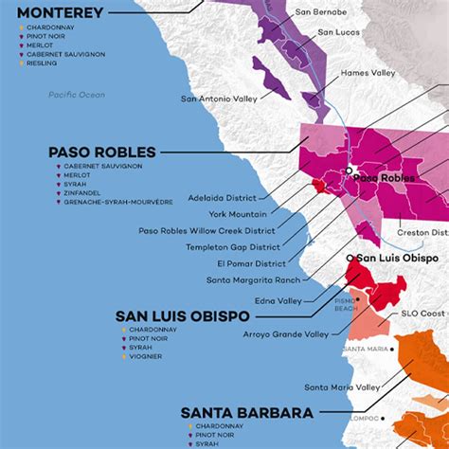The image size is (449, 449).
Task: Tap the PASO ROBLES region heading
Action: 103,152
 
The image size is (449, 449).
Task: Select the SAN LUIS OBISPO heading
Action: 182,315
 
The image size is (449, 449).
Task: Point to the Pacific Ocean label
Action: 79,95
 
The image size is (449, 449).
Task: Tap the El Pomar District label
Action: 250,262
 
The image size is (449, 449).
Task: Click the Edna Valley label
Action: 281,299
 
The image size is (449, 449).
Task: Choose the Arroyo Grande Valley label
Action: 287,332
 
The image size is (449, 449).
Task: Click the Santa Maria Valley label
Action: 342,386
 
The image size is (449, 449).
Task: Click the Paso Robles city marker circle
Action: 349,169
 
